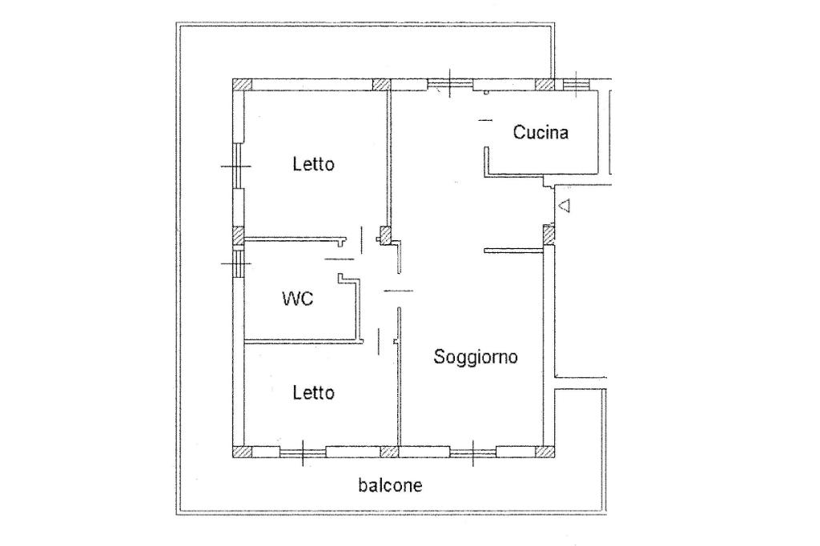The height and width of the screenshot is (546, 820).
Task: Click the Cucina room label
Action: [x=541, y=132]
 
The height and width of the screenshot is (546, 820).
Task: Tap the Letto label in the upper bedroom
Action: [x=313, y=165]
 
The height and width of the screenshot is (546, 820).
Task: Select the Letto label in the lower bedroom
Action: [x=313, y=393]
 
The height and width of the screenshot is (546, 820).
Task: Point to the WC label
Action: [x=297, y=299]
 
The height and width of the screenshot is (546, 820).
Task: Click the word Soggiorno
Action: [x=476, y=357]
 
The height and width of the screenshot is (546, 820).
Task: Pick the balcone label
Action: [x=390, y=485]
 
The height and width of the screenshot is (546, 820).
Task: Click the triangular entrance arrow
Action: [x=564, y=206]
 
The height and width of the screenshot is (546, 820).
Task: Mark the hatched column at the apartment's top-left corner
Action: [x=242, y=85]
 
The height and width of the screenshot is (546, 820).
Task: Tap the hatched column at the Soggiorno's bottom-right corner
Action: [x=544, y=452]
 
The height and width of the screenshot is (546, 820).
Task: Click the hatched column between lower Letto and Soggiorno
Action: [x=389, y=452]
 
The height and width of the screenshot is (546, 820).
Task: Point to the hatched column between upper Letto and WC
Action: [x=238, y=236]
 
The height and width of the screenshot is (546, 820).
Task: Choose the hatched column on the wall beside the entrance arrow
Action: [x=549, y=235]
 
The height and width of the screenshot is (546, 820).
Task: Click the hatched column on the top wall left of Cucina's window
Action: [x=545, y=84]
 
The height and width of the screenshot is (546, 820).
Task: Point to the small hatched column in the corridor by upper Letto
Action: [x=384, y=235]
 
